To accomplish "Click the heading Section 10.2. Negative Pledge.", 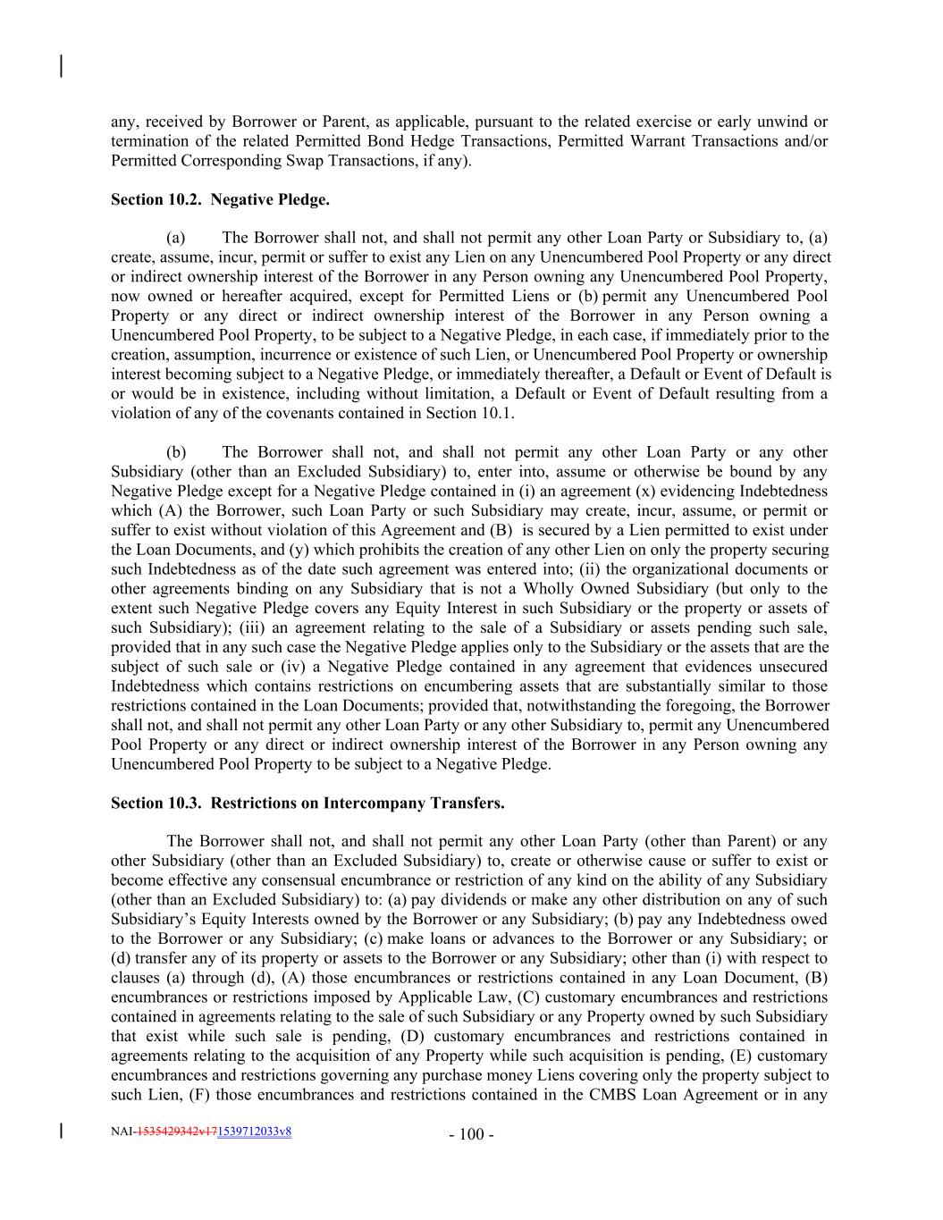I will click(220, 200).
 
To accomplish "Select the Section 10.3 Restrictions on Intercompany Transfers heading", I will click(307, 804).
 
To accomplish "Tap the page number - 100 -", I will click(471, 1135).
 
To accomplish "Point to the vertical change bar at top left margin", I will click(60, 66).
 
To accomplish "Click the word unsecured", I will click(794, 667).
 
